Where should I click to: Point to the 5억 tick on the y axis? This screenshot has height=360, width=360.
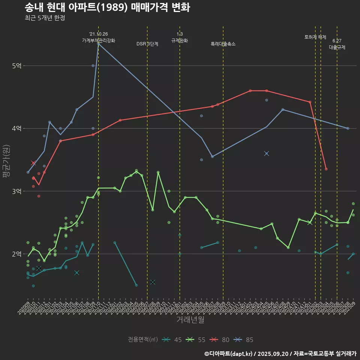16,66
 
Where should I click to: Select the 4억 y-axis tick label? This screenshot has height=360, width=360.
16,129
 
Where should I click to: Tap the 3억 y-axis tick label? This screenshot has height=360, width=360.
16,191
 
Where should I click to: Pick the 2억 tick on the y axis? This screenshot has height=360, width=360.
16,254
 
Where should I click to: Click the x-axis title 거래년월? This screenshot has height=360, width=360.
190,320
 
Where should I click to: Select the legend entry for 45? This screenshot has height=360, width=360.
172,340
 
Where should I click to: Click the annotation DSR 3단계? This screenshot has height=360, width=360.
147,44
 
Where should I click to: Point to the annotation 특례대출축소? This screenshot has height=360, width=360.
223,44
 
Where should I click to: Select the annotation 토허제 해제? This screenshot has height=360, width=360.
315,37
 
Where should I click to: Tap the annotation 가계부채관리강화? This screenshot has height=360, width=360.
99,40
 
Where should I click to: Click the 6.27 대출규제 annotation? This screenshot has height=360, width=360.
337,44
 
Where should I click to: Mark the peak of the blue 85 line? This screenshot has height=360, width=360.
98,43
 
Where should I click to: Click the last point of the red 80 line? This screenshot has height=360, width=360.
326,169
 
